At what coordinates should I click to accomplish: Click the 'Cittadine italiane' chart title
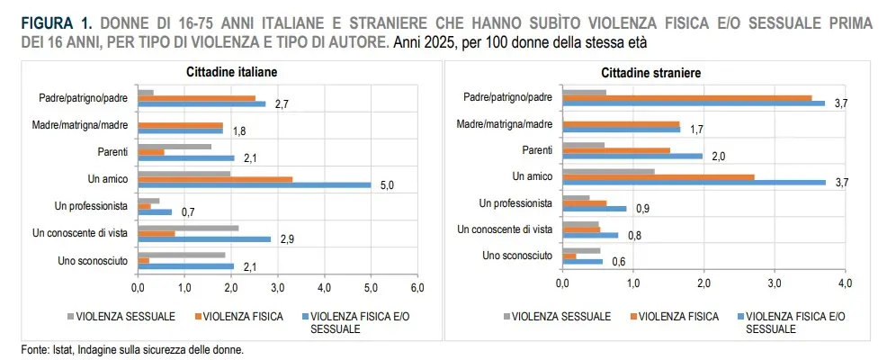[231, 72]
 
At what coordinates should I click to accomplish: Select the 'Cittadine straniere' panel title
[650, 73]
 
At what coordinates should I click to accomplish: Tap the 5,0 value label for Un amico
[388, 185]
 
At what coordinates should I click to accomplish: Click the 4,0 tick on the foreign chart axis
[845, 283]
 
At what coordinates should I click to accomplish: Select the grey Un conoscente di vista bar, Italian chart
[188, 228]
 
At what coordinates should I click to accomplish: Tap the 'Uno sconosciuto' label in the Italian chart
[93, 261]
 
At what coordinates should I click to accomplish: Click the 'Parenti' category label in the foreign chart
[536, 149]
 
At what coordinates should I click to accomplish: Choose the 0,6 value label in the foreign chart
[619, 262]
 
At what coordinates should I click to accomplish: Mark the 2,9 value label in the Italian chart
[287, 238]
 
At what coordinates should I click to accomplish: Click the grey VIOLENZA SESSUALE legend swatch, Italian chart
[71, 316]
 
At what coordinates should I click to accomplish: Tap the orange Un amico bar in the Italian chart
[215, 179]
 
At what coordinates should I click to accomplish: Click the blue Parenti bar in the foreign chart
[632, 156]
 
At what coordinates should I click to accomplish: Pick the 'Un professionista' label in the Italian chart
[91, 206]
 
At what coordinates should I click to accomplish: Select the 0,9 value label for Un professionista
[642, 209]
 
